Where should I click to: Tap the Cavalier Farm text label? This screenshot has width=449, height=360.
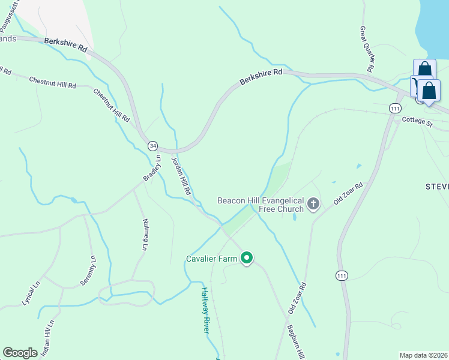pyautogui.click(x=212, y=259)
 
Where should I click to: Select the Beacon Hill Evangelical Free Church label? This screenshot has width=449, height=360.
pyautogui.click(x=261, y=205)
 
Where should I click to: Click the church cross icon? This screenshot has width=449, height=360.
pyautogui.click(x=313, y=205)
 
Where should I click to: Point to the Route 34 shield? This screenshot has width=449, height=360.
pyautogui.click(x=153, y=146)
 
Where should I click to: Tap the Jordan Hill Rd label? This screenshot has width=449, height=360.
pyautogui.click(x=181, y=176)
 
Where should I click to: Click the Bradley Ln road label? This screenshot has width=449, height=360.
pyautogui.click(x=152, y=169)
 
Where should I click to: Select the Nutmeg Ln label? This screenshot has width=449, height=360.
pyautogui.click(x=145, y=235)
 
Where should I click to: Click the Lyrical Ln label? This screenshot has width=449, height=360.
pyautogui.click(x=29, y=293)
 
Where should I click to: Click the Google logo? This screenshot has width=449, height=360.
pyautogui.click(x=20, y=353)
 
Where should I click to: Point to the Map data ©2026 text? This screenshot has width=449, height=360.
pyautogui.click(x=423, y=355)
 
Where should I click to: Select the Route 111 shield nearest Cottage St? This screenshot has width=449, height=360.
pyautogui.click(x=394, y=108)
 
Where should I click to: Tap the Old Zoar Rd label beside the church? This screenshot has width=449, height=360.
pyautogui.click(x=349, y=194)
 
